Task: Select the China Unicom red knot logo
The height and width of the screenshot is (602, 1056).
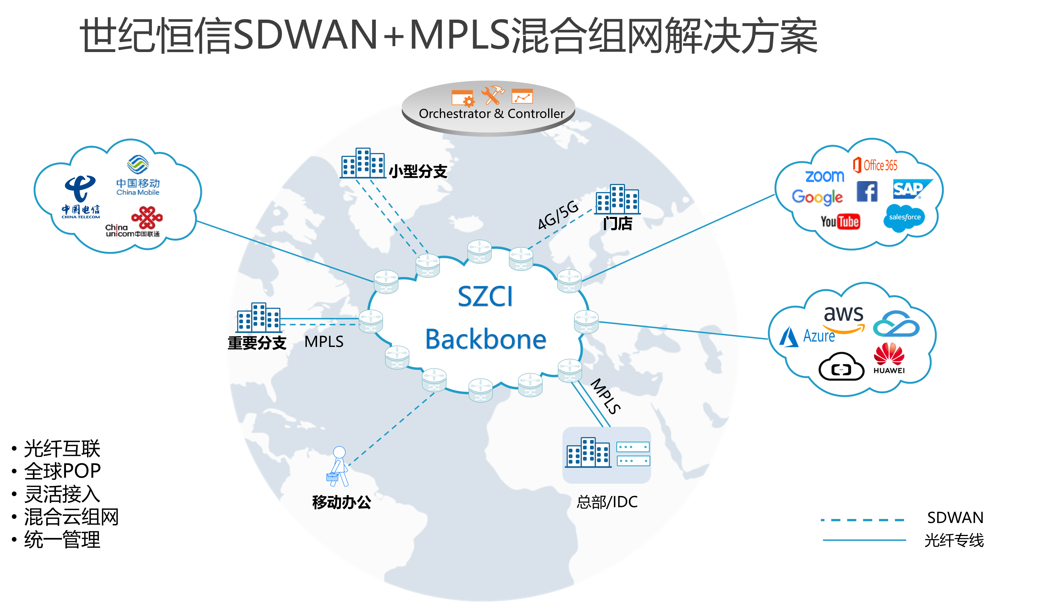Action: (147, 218)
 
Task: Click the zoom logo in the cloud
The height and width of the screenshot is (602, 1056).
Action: (825, 176)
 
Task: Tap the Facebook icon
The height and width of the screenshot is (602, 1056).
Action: (867, 191)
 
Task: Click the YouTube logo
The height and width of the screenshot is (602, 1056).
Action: (840, 222)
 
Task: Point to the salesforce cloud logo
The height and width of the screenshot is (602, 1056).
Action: (905, 217)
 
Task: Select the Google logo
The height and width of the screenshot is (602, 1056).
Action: (817, 197)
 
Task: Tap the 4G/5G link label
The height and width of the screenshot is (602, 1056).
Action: (558, 215)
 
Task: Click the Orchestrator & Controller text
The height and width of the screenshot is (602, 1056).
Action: (491, 114)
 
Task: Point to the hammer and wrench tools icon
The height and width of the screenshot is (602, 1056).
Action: (492, 95)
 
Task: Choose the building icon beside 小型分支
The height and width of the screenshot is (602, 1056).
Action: (363, 163)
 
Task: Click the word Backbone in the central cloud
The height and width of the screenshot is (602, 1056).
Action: (486, 340)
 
